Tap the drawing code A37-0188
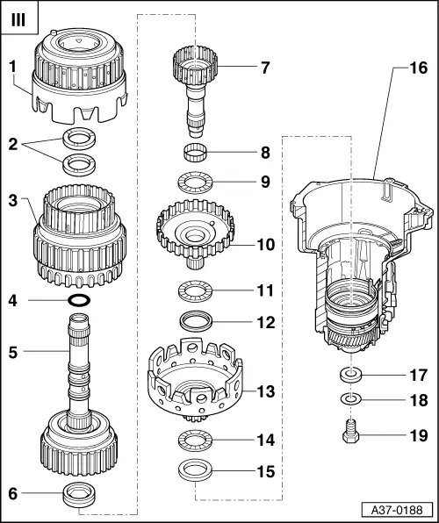click(396, 510)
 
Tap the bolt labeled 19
click(349, 433)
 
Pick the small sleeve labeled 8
click(198, 155)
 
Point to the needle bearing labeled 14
click(198, 438)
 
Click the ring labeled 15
click(198, 469)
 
